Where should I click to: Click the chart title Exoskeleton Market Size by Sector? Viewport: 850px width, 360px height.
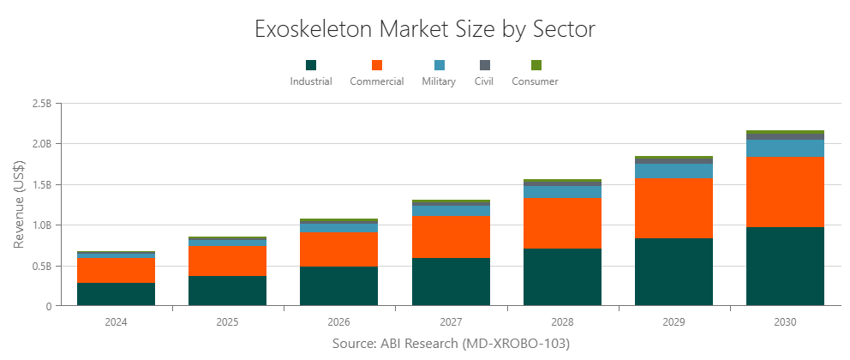(x=425, y=29)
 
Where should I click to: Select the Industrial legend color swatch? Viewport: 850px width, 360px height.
(x=311, y=65)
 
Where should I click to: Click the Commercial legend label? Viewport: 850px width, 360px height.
(x=377, y=81)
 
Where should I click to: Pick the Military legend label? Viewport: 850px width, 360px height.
(x=439, y=81)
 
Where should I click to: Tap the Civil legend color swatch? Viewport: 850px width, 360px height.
(x=484, y=65)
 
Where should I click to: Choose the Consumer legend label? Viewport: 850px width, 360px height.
(x=535, y=81)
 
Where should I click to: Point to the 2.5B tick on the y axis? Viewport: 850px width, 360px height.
(x=41, y=104)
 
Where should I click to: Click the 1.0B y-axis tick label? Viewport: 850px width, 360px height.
(x=41, y=225)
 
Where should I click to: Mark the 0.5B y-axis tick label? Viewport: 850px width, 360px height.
(x=41, y=266)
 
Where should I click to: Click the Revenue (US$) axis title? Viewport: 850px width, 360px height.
(x=19, y=204)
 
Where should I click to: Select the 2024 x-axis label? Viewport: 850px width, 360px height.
(x=116, y=322)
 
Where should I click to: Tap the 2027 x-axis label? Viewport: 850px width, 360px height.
(x=451, y=322)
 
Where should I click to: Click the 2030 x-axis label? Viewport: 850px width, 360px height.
(x=785, y=322)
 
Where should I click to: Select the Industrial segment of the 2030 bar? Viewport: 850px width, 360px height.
(x=785, y=267)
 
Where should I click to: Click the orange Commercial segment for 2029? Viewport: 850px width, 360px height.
(x=673, y=208)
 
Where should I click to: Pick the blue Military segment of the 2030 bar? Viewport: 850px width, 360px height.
(x=785, y=148)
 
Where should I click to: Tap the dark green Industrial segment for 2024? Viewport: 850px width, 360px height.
(x=116, y=294)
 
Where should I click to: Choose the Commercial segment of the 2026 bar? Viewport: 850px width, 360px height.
(x=339, y=249)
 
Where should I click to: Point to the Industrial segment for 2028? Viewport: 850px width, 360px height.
(x=562, y=277)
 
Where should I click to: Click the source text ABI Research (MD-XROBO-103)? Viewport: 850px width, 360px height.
(x=450, y=344)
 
